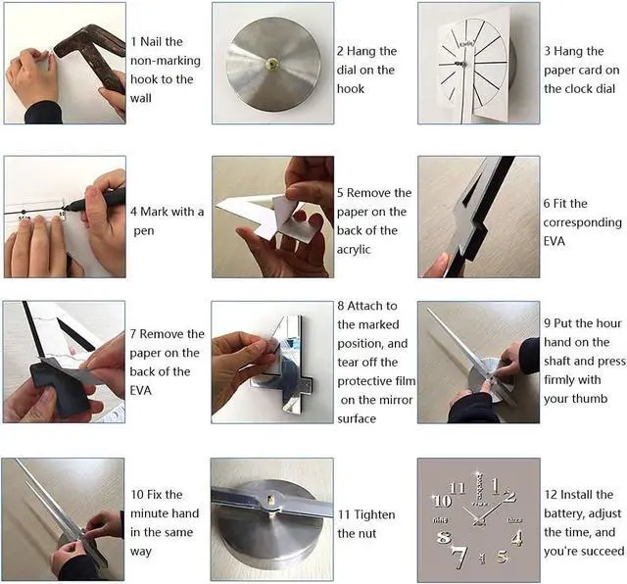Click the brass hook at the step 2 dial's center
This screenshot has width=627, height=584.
pyautogui.click(x=273, y=63)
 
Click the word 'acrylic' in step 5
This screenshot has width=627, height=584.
pyautogui.click(x=354, y=250)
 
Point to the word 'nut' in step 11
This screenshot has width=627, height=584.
pyautogui.click(x=366, y=534)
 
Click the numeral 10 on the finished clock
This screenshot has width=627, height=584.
pyautogui.click(x=442, y=501)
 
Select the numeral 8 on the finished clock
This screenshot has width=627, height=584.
pyautogui.click(x=444, y=537)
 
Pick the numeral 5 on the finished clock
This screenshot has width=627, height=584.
pyautogui.click(x=503, y=557)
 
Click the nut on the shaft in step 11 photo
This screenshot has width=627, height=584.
pyautogui.click(x=271, y=500)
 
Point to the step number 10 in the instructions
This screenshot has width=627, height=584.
pyautogui.click(x=137, y=495)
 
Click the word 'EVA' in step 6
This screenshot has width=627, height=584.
pyautogui.click(x=554, y=241)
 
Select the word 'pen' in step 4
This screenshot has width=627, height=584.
pyautogui.click(x=144, y=231)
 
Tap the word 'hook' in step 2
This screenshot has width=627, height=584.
pyautogui.click(x=351, y=88)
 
